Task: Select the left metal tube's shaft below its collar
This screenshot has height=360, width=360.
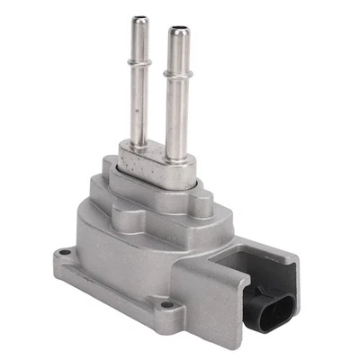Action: pos(139,103)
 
